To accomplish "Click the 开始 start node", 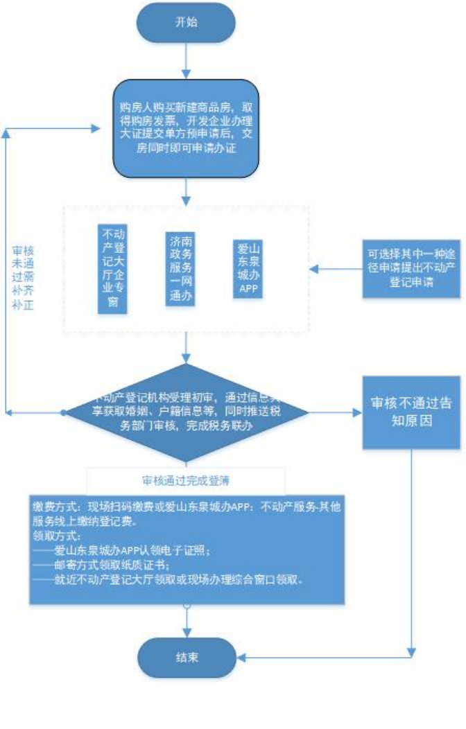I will click(186, 22).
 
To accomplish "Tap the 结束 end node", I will click(186, 657).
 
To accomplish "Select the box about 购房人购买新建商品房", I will click(186, 129).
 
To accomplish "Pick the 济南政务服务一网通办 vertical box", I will click(180, 269).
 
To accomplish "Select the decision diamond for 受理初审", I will click(186, 412).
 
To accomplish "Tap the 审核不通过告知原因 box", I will click(411, 412).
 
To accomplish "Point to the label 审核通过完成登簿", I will click(186, 480).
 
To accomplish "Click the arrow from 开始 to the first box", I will click(186, 61).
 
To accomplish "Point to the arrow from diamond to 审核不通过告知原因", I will click(336, 412).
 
